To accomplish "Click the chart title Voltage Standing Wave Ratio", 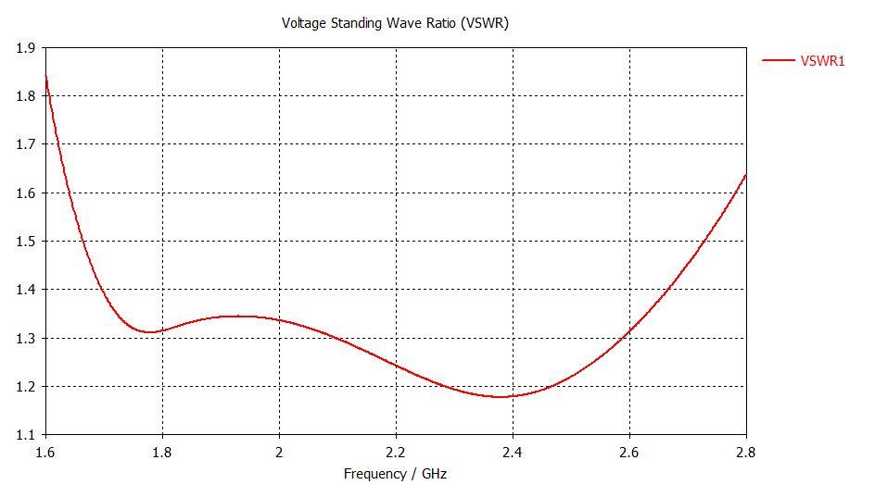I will (395, 23).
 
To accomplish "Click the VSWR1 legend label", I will (822, 61).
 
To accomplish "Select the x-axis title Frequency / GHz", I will (395, 474).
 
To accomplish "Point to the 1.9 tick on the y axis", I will (25, 47).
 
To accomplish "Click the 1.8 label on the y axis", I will (25, 95).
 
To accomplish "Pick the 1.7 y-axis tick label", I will (25, 144).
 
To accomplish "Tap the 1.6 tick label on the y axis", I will (25, 193).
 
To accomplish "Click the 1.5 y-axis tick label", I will (25, 241).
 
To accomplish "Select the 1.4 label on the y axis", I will (25, 290).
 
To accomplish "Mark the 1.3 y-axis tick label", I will (25, 338).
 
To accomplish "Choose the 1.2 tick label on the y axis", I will (25, 386).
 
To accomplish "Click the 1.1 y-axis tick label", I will (25, 435).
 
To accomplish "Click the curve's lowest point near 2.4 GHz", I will (501, 396).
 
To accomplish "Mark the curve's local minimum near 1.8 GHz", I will (150, 331).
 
